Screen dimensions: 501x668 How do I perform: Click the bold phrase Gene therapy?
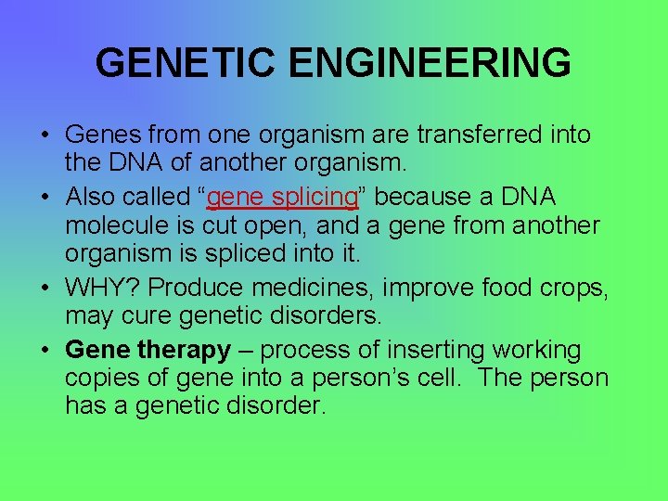tap(148, 351)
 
